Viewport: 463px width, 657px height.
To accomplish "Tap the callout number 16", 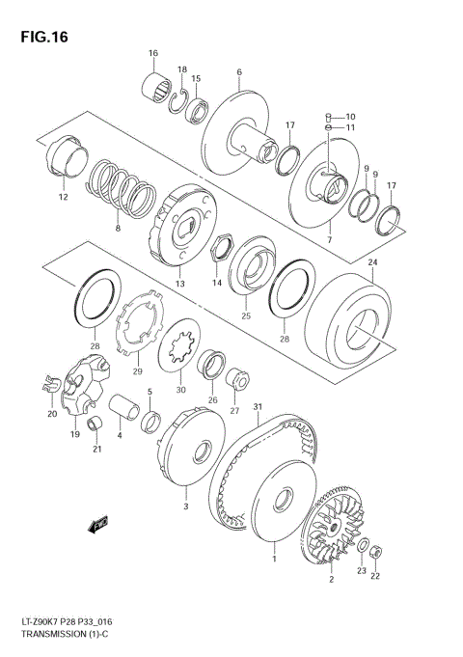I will point(152,52).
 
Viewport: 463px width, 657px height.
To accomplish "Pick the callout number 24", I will point(374,262).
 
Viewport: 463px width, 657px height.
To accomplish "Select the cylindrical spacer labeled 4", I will point(123,411).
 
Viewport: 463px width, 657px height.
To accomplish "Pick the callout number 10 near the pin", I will point(349,116).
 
